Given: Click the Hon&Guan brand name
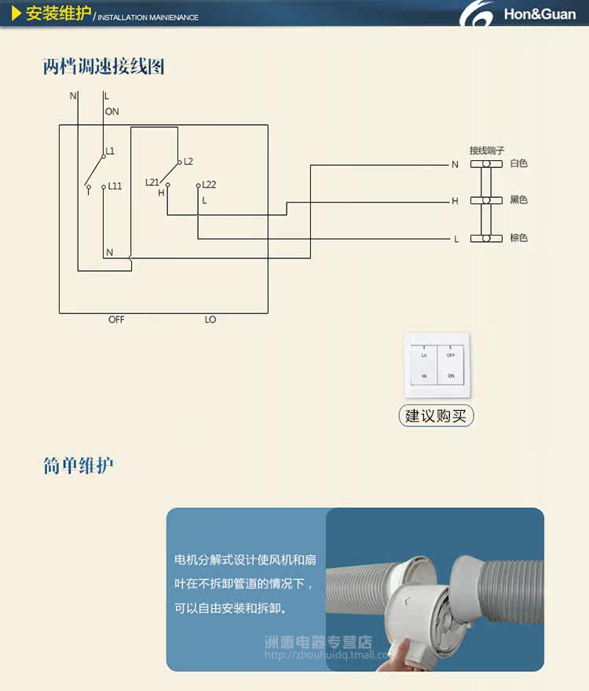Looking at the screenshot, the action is pyautogui.click(x=540, y=14).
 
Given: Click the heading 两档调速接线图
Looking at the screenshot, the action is pyautogui.click(x=104, y=67).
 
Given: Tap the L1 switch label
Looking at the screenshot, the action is pyautogui.click(x=110, y=150).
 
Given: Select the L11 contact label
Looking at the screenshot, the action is pyautogui.click(x=115, y=186).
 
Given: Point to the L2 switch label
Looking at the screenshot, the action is pyautogui.click(x=188, y=161).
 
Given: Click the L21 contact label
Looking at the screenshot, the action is pyautogui.click(x=152, y=182).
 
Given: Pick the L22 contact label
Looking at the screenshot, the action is pyautogui.click(x=209, y=185).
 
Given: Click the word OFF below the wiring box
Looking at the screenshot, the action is pyautogui.click(x=116, y=320).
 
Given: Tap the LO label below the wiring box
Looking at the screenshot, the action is pyautogui.click(x=210, y=320).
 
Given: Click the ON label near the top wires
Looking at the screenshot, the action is pyautogui.click(x=112, y=112).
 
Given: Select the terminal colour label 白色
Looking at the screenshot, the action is pyautogui.click(x=518, y=163).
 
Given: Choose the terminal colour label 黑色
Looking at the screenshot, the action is pyautogui.click(x=518, y=200).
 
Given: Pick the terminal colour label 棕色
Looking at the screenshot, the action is pyautogui.click(x=518, y=238).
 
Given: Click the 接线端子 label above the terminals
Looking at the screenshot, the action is pyautogui.click(x=486, y=150).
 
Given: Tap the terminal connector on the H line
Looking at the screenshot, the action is pyautogui.click(x=486, y=200).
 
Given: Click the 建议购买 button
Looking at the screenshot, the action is pyautogui.click(x=436, y=415).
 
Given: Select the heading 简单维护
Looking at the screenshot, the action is pyautogui.click(x=79, y=466).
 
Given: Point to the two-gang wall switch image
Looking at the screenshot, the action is pyautogui.click(x=437, y=367).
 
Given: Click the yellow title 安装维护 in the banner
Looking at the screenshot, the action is pyautogui.click(x=58, y=14).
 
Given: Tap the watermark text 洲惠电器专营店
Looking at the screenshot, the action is pyautogui.click(x=318, y=642).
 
